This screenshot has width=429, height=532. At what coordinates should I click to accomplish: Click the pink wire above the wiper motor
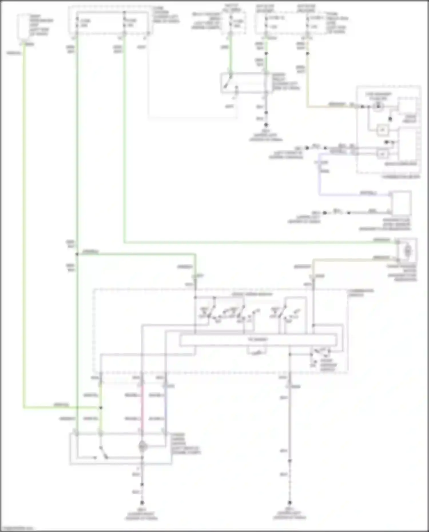point(142,406)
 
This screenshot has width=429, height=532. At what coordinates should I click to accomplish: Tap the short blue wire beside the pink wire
point(165,406)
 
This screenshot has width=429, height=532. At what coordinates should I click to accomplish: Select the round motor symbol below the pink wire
point(142,446)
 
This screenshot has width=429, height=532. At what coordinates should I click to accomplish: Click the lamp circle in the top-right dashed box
point(378,106)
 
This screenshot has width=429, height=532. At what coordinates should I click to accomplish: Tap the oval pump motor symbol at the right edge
point(407,251)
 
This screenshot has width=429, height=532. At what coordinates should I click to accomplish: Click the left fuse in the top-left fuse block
point(77,23)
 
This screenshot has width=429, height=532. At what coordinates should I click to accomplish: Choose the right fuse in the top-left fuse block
point(124,23)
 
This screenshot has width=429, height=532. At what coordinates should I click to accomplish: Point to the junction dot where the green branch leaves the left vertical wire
point(77,254)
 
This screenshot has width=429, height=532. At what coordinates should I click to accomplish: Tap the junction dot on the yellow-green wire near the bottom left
point(101,408)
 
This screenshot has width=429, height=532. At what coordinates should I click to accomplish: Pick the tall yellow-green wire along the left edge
point(24,229)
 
